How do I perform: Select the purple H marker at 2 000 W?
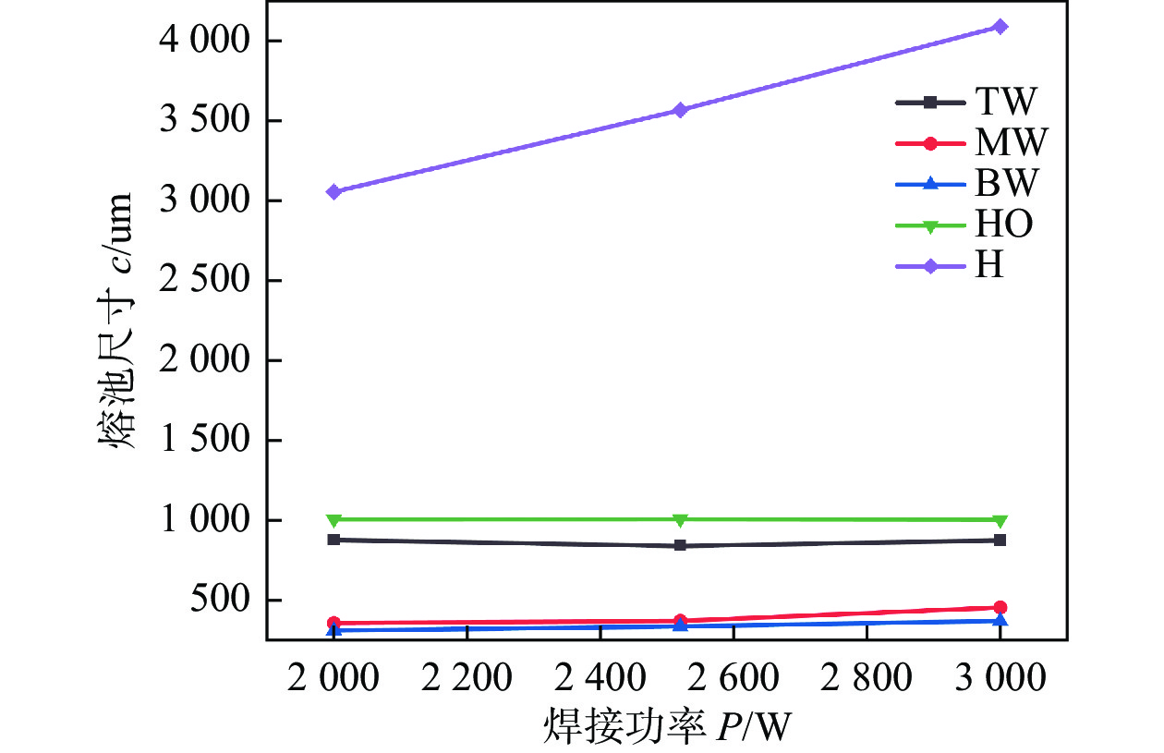point(333,191)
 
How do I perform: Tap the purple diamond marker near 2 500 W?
point(680,110)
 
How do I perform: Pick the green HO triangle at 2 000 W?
point(333,520)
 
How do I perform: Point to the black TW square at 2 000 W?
point(333,540)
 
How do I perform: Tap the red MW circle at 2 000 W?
point(333,624)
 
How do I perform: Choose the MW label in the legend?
point(1011,142)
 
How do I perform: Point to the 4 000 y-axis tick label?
point(204,42)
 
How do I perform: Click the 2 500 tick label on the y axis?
point(204,281)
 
